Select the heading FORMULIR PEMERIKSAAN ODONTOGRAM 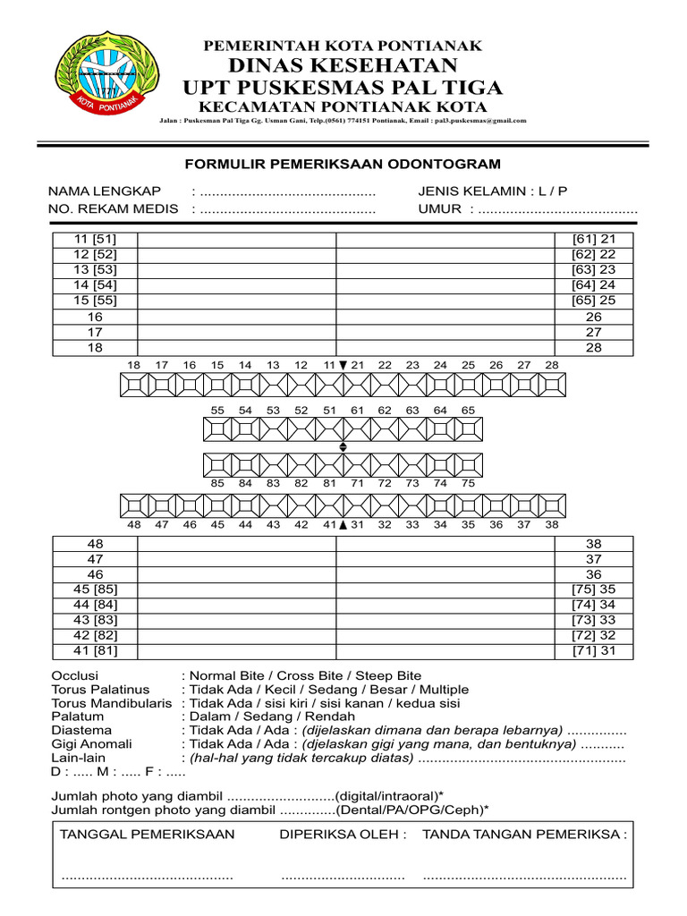(x=343, y=164)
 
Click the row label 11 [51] (x=96, y=240)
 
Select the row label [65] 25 (x=594, y=301)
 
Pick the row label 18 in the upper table (x=96, y=348)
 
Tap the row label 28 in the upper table (x=594, y=348)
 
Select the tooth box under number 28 (x=551, y=386)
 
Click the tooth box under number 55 (x=217, y=429)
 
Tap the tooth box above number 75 (x=467, y=464)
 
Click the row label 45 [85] (x=96, y=589)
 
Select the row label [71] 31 (x=594, y=651)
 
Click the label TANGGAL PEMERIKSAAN (x=148, y=835)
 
